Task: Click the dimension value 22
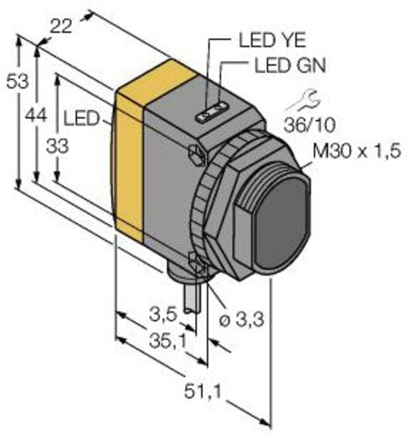point(61,27)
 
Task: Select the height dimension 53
point(17,81)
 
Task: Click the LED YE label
point(272,42)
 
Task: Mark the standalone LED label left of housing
point(82,119)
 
